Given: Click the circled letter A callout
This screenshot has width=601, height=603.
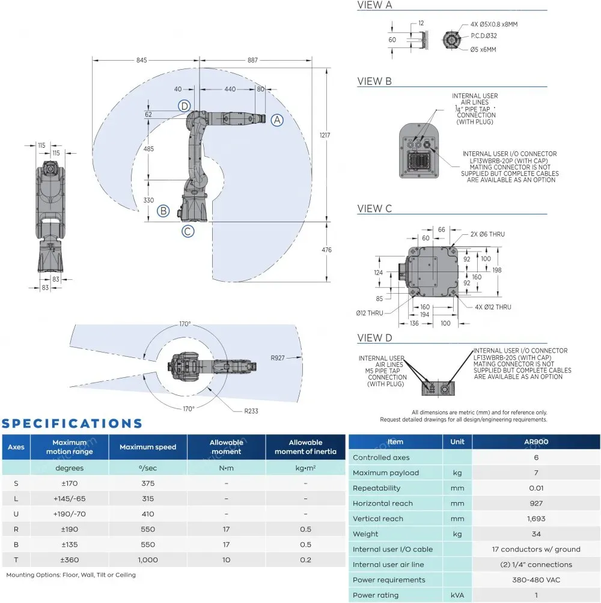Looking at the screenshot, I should [276, 120].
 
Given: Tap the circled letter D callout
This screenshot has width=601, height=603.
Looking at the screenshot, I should [185, 106].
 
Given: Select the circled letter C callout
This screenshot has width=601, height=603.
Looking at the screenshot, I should [188, 230].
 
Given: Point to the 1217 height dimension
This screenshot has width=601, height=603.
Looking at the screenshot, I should [325, 136].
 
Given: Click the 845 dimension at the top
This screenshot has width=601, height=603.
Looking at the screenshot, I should [141, 60].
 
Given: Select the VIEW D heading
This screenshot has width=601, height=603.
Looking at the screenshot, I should [374, 338].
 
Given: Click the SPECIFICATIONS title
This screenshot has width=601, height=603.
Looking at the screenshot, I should [72, 423].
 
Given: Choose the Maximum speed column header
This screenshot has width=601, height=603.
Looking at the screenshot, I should [148, 447].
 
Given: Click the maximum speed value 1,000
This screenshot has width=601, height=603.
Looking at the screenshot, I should [148, 560].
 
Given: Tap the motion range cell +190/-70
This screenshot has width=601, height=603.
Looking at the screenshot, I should [70, 514].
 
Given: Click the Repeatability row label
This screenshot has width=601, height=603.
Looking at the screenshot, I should [376, 488].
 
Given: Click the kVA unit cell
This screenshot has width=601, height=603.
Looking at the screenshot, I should [457, 595].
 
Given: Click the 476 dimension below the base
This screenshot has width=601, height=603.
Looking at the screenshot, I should [326, 250].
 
